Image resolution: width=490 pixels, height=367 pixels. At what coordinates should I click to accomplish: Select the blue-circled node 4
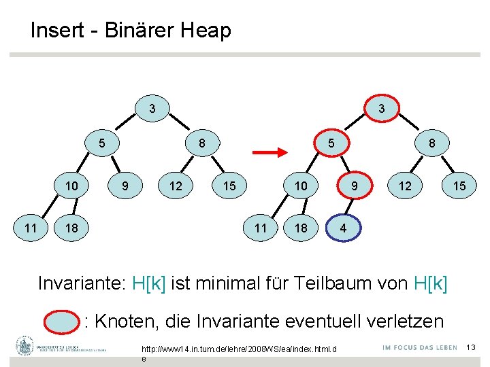[x=343, y=228]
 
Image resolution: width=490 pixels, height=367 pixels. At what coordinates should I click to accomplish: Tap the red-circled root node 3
[x=382, y=108]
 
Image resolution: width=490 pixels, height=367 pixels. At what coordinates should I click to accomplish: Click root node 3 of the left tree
[x=152, y=108]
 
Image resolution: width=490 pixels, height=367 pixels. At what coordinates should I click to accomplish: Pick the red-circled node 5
[x=330, y=143]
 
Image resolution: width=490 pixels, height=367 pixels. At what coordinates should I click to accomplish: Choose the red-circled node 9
[x=354, y=186]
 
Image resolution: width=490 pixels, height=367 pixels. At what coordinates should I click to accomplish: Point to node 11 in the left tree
[x=30, y=228]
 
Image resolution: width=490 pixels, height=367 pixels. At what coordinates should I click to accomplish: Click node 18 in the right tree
[x=301, y=228]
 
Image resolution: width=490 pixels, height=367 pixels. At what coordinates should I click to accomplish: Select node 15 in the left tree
[x=229, y=186]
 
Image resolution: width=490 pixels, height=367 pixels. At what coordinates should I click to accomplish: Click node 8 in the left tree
[x=202, y=143]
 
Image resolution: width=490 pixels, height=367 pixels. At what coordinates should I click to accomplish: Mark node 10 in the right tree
[x=301, y=186]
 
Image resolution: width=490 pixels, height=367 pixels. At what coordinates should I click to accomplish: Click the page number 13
[x=470, y=348]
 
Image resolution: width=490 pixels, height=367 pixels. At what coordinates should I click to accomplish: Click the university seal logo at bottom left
[x=25, y=347]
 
